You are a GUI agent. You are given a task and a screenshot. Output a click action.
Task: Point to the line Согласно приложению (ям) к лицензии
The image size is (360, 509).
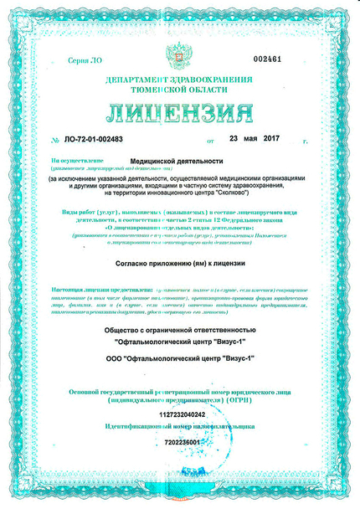[180, 263]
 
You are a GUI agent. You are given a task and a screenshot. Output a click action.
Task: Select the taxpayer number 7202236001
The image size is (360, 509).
[181, 440]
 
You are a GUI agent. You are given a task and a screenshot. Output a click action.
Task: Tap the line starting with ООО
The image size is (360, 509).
[179, 358]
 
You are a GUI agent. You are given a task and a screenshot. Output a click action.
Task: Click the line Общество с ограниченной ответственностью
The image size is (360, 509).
[179, 329]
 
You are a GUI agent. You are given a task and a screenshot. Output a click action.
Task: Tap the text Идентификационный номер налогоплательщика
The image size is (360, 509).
[179, 427]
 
